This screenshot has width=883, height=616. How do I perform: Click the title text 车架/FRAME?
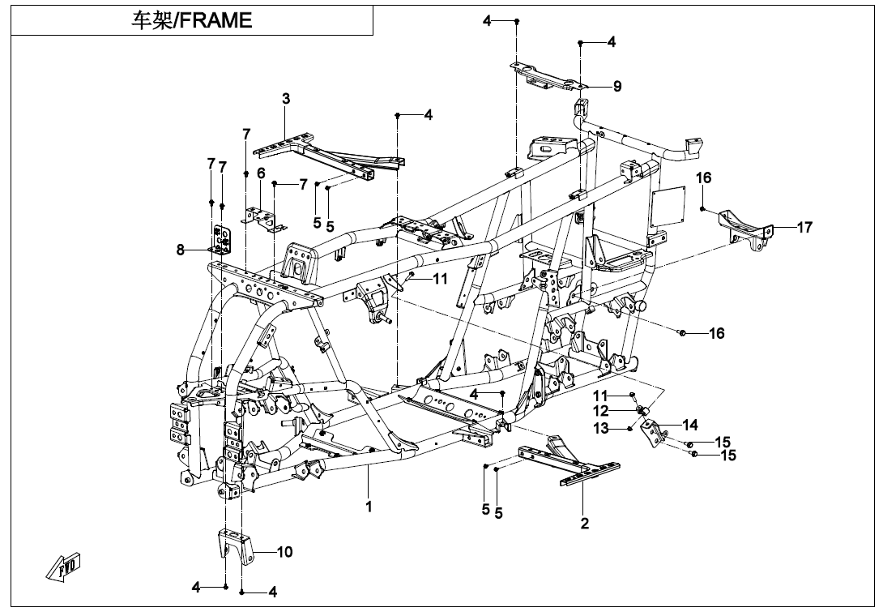(192, 20)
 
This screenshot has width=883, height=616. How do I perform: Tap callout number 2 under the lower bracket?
(585, 523)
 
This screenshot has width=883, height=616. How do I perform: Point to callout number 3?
(286, 99)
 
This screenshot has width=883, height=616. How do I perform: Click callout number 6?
(261, 173)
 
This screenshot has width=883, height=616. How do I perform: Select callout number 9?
(617, 86)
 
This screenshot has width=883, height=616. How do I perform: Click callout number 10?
(284, 552)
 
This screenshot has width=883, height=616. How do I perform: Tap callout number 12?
(600, 411)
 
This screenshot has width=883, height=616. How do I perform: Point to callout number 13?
(600, 428)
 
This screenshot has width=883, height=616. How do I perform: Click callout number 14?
(690, 424)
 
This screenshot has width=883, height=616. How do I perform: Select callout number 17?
(804, 228)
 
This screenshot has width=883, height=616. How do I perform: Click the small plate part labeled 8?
(220, 237)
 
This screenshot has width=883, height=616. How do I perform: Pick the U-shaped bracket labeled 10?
(234, 545)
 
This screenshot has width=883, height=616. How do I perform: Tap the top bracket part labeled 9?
(547, 75)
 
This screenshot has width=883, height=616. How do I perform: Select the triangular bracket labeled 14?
(654, 433)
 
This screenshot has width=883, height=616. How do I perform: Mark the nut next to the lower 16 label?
(683, 333)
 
